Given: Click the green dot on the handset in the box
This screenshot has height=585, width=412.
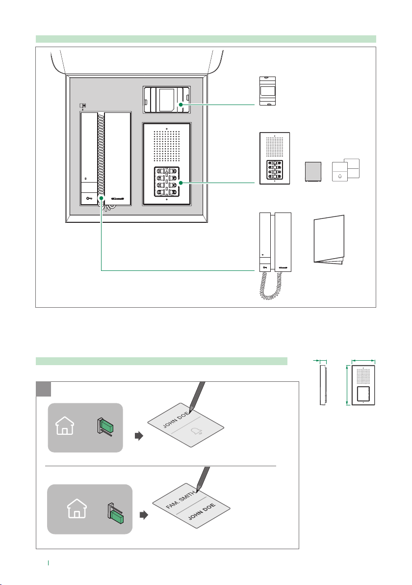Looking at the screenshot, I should tap(102, 199).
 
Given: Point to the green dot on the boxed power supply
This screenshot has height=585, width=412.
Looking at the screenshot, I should tap(181, 105).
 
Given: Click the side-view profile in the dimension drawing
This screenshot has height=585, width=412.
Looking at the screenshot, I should tap(323, 385).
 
